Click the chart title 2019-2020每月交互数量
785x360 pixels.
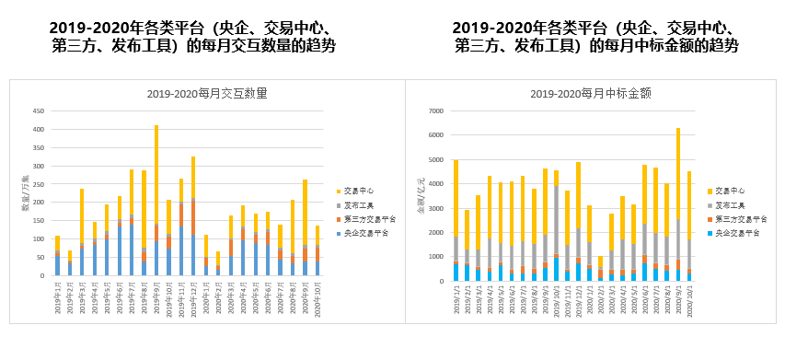[194, 93]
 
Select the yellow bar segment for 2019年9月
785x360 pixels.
[156, 175]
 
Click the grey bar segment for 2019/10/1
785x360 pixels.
[556, 221]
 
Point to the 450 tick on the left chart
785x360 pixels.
[39, 110]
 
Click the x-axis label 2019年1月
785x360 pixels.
[57, 296]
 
